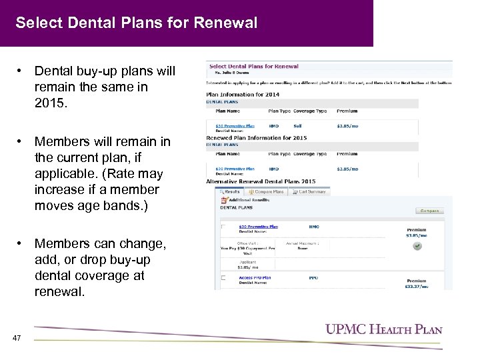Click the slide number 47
(17, 338)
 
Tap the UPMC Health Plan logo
(383, 329)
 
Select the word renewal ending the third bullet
(60, 291)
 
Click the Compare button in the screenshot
(429, 211)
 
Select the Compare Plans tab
(267, 191)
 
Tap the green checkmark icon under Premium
(417, 246)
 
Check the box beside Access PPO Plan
(224, 277)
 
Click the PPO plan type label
(313, 277)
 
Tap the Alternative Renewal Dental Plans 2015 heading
(261, 181)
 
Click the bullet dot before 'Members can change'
(21, 244)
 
